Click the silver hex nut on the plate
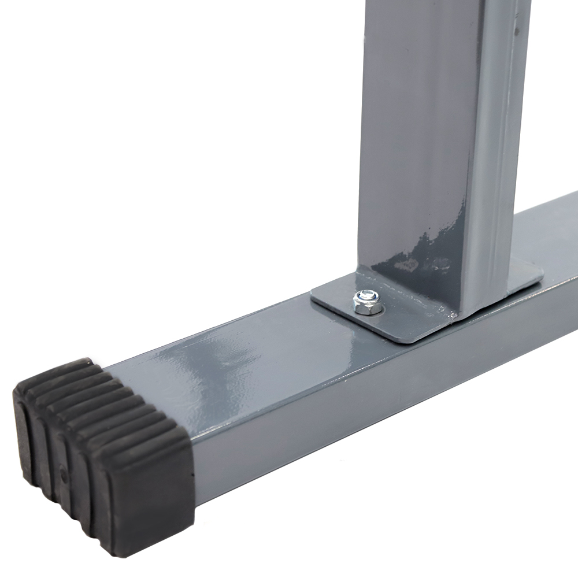pyautogui.click(x=367, y=303)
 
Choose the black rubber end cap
pyautogui.click(x=104, y=451)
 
